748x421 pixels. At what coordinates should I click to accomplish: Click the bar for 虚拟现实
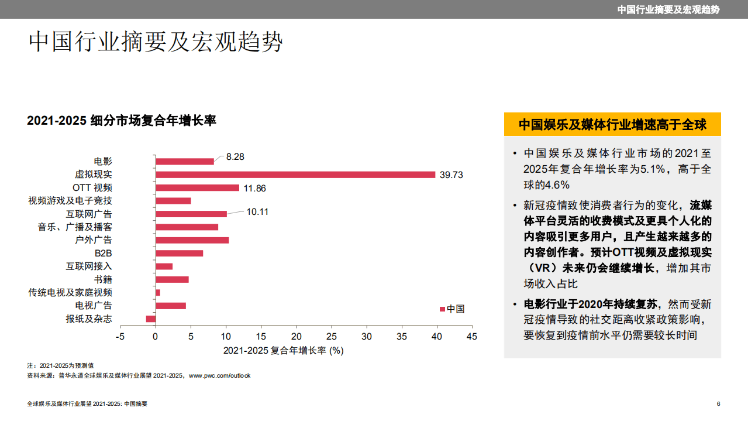[x=295, y=174]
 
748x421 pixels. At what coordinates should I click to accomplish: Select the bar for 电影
[x=185, y=161]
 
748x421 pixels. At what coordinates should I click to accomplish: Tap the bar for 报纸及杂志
[x=151, y=319]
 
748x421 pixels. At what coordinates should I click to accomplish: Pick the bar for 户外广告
[x=192, y=240]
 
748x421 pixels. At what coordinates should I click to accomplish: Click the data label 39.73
[x=451, y=175]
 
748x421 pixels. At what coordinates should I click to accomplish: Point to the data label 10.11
[x=257, y=212]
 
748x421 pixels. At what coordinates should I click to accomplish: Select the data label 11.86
[x=254, y=188]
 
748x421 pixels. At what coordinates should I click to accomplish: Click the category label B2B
[x=103, y=254]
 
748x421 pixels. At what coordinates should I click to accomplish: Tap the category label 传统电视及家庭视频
[x=70, y=292]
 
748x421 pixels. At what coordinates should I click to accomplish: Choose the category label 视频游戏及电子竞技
[x=70, y=201]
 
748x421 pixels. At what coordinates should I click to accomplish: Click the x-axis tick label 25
[x=332, y=337]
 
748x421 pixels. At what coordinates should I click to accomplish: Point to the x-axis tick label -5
[x=120, y=337]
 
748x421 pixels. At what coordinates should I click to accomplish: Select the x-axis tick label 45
[x=472, y=337]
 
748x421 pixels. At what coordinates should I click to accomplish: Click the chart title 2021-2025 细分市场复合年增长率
[x=122, y=121]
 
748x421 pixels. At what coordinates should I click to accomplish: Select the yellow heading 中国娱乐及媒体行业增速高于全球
[x=612, y=125]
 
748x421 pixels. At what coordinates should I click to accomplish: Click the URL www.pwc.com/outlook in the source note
[x=219, y=375]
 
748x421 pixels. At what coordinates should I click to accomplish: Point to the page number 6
[x=718, y=404]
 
